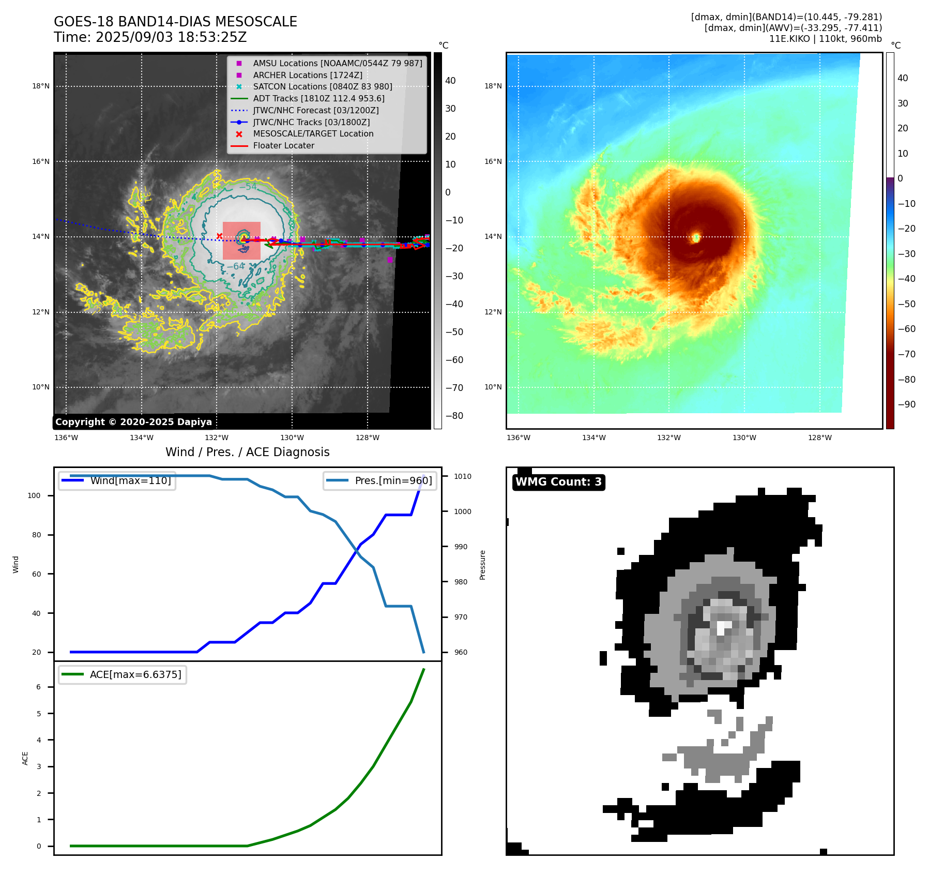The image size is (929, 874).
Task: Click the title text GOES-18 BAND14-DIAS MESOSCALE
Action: [x=175, y=22]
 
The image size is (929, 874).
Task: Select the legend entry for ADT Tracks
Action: [x=318, y=98]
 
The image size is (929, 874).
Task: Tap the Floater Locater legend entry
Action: [x=283, y=145]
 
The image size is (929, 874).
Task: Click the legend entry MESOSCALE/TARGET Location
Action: [x=313, y=133]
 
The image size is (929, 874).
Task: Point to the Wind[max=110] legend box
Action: [x=117, y=480]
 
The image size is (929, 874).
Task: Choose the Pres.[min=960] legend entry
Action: [x=380, y=480]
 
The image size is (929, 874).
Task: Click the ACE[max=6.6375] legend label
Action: [x=123, y=674]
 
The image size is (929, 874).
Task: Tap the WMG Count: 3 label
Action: [x=558, y=482]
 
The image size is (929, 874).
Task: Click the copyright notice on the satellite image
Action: [x=133, y=422]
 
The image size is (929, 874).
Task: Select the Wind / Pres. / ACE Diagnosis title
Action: [x=247, y=452]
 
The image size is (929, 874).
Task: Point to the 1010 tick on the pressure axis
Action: [x=463, y=476]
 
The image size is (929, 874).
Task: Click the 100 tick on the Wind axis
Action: [x=34, y=495]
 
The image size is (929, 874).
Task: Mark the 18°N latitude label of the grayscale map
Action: [x=41, y=86]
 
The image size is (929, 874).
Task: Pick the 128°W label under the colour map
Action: [x=820, y=438]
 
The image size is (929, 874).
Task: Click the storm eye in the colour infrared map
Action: [x=696, y=237]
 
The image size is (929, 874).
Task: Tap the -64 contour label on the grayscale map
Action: [x=236, y=266]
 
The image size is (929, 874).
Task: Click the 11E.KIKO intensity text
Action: [x=825, y=39]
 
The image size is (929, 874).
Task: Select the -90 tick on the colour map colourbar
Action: [x=906, y=404]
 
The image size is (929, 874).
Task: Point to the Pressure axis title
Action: [x=482, y=565]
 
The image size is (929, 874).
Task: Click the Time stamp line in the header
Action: [x=150, y=37]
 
